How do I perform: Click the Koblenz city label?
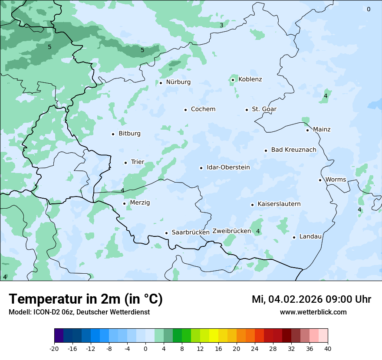point(250,79)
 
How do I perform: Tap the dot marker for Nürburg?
point(161,83)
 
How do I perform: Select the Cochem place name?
point(203,109)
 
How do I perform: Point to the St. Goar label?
point(264,109)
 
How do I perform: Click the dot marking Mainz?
point(307,130)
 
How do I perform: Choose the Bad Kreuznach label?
point(293,150)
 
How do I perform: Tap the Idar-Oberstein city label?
point(228,167)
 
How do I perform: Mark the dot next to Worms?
point(320,180)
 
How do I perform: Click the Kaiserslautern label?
point(279,204)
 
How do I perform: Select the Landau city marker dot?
point(294,237)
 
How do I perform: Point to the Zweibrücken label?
point(231,231)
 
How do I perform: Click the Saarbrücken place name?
point(191,232)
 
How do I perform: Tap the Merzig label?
point(140,203)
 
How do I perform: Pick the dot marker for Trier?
point(125,163)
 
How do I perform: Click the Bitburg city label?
point(129,134)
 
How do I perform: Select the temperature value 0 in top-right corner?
point(369,9)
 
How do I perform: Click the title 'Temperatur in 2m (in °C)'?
point(86,299)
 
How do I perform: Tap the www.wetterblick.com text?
point(313,312)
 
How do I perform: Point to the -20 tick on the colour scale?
point(54,349)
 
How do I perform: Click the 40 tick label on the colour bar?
point(328,349)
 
